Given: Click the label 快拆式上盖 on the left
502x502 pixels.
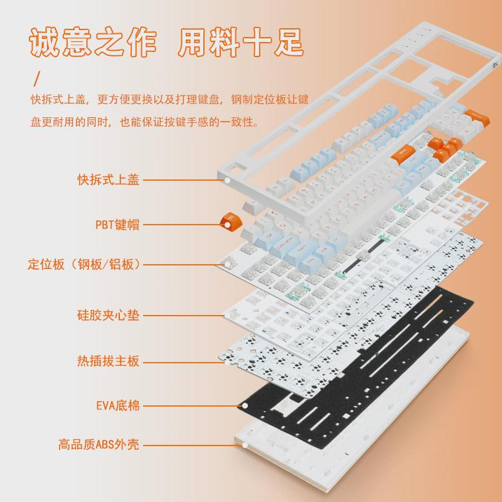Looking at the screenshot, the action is (108, 180).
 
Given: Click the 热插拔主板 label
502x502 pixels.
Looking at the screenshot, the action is (108, 361).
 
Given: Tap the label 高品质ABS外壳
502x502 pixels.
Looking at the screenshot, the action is (99, 445).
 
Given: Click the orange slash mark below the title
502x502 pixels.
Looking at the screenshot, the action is (37, 78).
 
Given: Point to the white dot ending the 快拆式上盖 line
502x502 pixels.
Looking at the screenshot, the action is (229, 180).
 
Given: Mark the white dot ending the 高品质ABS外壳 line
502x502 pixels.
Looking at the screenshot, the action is (245, 445).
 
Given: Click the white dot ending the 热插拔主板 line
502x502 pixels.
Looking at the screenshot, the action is (229, 361).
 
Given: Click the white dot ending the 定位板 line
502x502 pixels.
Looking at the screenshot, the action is (229, 265).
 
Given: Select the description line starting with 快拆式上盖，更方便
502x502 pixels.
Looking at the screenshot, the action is (169, 100).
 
